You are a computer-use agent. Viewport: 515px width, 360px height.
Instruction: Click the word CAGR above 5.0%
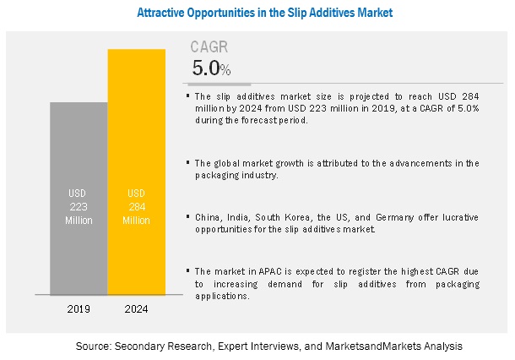click(x=209, y=47)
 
